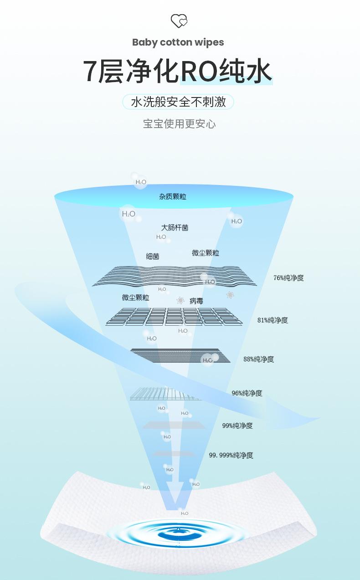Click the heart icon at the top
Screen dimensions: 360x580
coord(179,21)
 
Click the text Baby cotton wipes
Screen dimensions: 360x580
coord(178,42)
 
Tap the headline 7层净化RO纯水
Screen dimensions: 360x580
coord(178,72)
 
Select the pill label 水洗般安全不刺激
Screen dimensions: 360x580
coord(178,102)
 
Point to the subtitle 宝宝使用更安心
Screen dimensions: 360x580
coord(179,124)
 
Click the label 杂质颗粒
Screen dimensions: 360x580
coord(173,197)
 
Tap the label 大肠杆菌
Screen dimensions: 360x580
coord(175,227)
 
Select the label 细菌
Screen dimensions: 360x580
coord(153,257)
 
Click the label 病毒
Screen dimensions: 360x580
coord(196,301)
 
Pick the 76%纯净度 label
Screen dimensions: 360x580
coord(288,277)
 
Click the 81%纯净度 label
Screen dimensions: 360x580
coord(273,320)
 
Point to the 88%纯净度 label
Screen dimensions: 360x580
coord(258,359)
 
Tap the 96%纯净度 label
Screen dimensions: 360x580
coord(247,393)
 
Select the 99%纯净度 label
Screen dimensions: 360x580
coord(237,426)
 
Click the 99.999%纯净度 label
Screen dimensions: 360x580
coord(231,455)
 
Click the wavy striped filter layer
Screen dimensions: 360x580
coord(178,276)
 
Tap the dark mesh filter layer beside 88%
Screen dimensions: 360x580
coord(180,355)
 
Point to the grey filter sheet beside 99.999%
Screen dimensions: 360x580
coord(174,453)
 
